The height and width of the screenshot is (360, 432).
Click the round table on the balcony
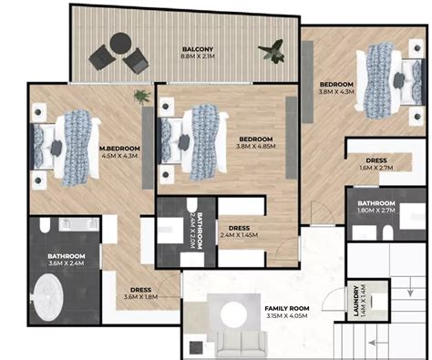click(119, 43)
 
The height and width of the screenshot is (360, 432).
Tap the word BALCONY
click(197, 48)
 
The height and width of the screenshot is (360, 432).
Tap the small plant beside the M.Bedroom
click(140, 96)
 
